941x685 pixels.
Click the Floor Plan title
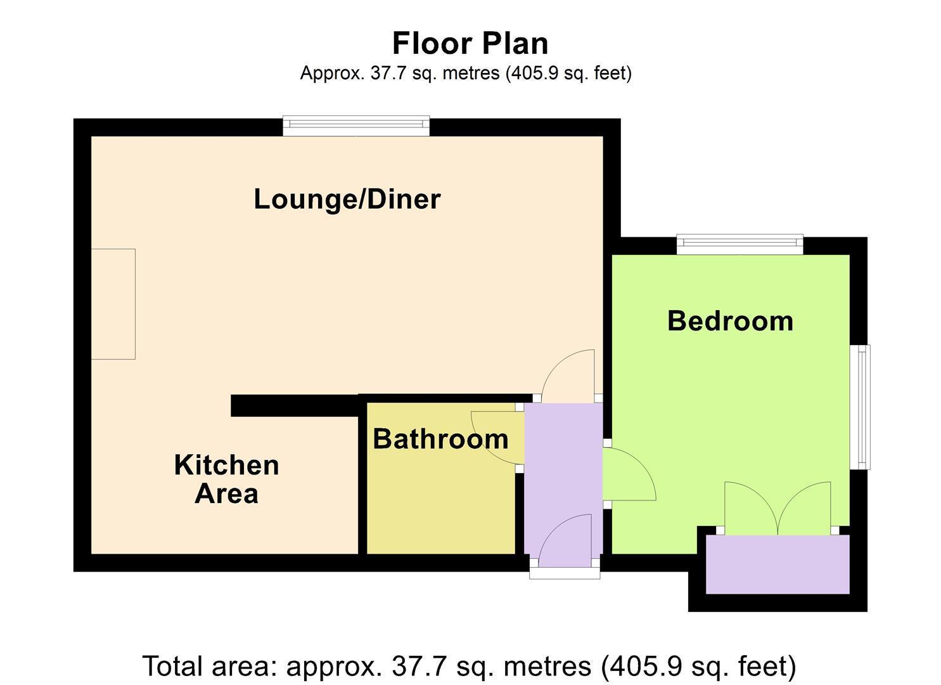click(x=470, y=43)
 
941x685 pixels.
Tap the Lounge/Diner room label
click(x=347, y=199)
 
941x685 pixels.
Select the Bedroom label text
click(x=731, y=321)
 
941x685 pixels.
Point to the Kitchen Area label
click(x=227, y=479)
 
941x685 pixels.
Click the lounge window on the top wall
click(x=356, y=126)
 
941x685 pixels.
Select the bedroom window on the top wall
click(x=739, y=244)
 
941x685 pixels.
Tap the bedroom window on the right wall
click(x=860, y=407)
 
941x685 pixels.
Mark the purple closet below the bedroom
click(x=778, y=564)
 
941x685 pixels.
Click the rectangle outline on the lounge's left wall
click(x=113, y=304)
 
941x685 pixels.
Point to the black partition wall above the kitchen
click(x=294, y=405)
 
